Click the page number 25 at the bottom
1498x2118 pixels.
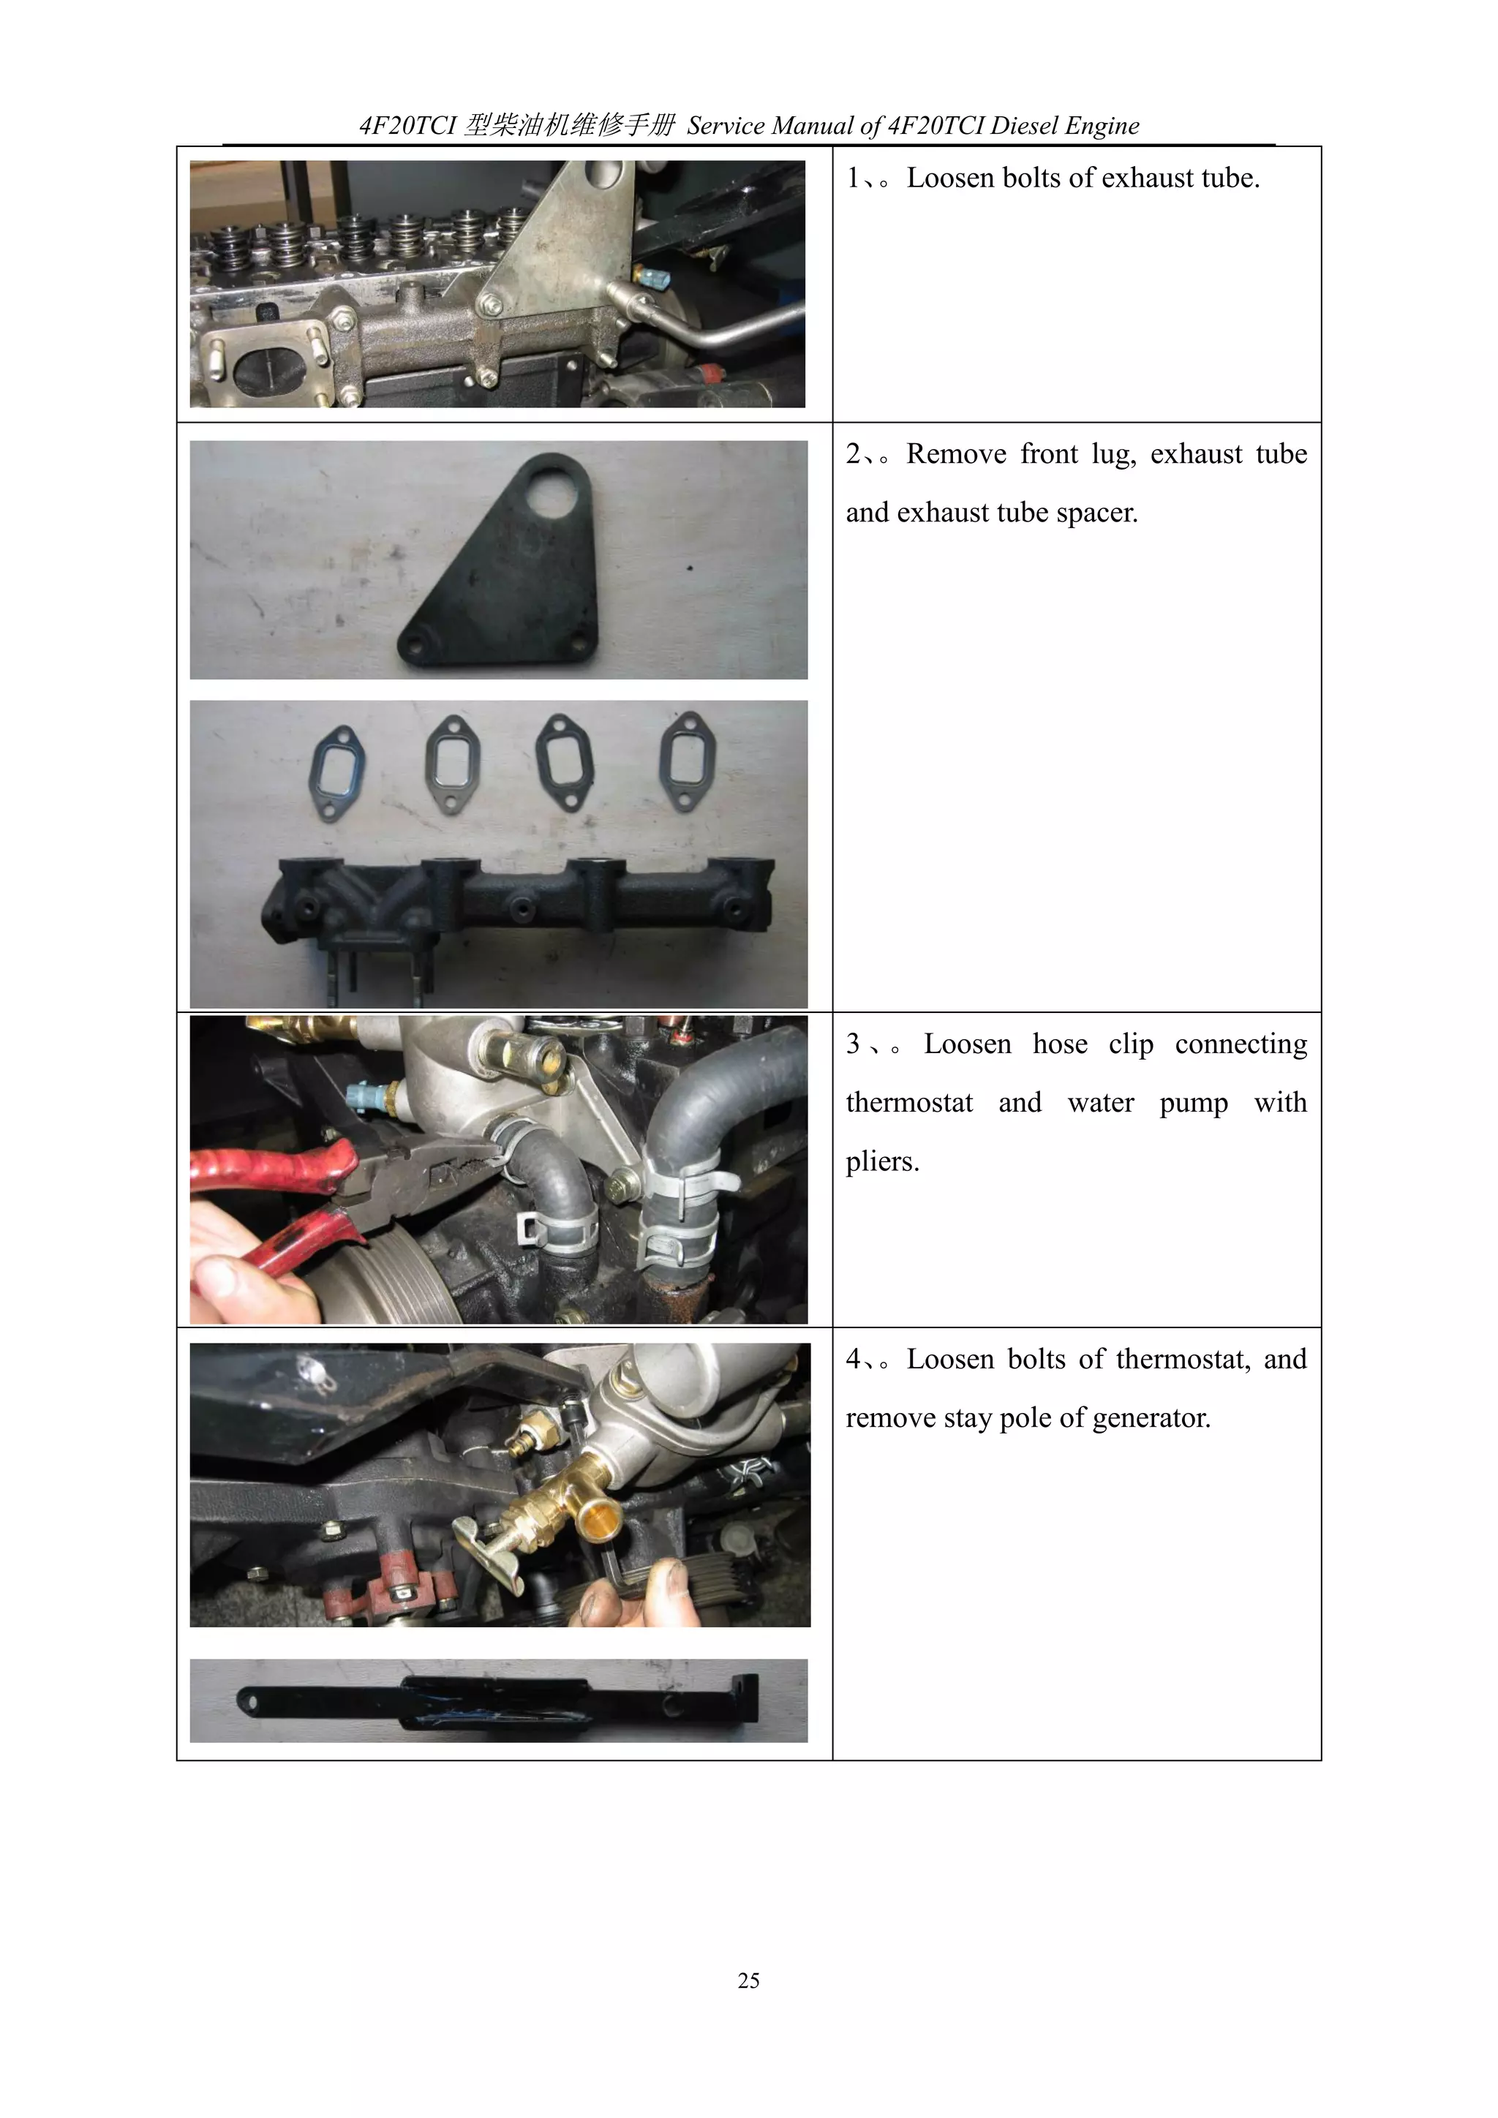(748, 1980)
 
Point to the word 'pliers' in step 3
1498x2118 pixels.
(881, 1161)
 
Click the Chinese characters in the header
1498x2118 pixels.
(569, 126)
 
